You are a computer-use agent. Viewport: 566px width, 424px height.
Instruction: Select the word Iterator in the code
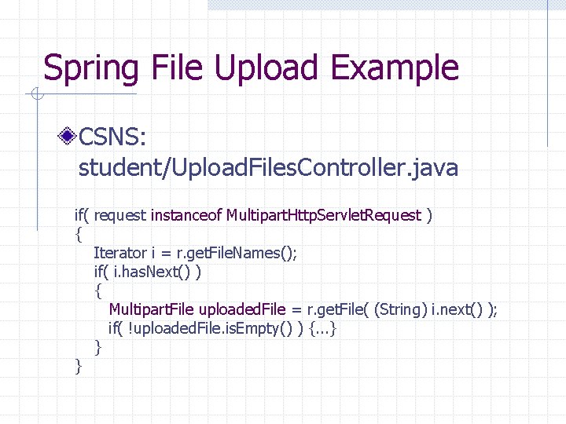pos(119,253)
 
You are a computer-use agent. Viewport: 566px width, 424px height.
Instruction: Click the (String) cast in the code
pos(401,309)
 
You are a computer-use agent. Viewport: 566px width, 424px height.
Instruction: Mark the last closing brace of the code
pos(78,366)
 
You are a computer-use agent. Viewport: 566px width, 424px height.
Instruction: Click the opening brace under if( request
pos(78,234)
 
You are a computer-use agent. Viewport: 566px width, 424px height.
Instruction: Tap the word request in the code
pos(123,215)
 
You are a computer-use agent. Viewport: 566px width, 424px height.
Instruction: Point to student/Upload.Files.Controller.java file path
pos(267,168)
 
